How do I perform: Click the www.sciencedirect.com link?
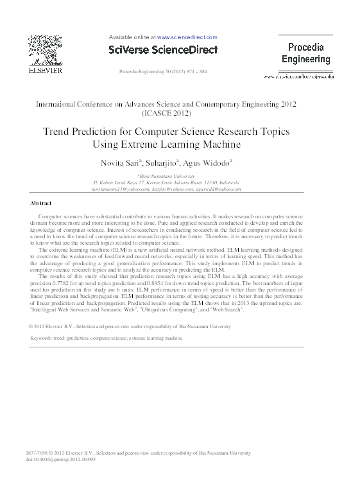(x=187, y=38)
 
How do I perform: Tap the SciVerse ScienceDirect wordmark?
(x=163, y=49)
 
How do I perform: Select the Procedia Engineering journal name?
(x=306, y=53)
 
